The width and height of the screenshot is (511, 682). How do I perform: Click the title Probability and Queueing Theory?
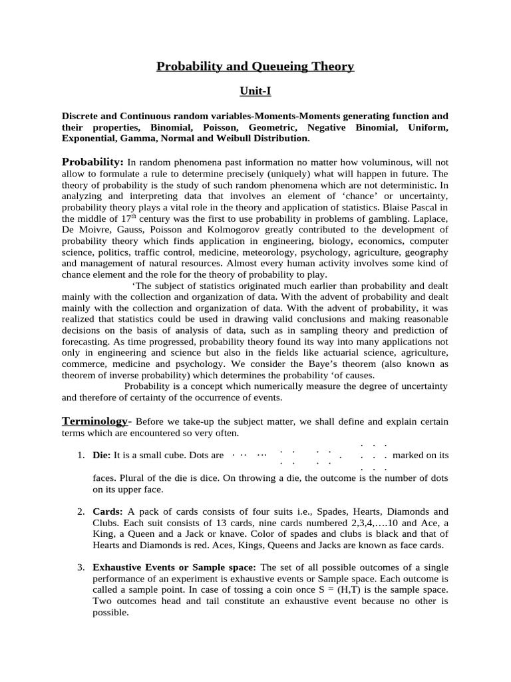[255, 66]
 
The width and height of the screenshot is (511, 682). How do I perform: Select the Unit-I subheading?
[255, 91]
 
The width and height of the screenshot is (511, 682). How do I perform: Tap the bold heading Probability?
[92, 162]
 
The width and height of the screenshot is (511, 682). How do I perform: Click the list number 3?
[80, 567]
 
